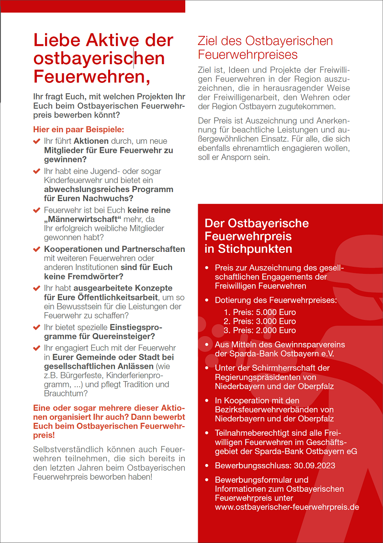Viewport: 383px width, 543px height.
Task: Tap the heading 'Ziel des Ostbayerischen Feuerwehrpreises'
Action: point(265,47)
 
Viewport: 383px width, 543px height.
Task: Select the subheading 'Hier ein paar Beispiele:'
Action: point(79,129)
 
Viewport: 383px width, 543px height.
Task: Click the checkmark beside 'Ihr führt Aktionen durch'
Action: point(36,141)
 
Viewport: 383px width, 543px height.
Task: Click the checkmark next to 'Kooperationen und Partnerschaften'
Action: point(36,249)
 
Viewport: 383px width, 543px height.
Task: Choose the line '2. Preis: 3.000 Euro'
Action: point(260,321)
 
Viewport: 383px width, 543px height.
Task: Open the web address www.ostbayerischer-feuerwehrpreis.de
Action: point(287,507)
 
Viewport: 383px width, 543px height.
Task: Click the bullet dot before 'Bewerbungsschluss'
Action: point(206,465)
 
